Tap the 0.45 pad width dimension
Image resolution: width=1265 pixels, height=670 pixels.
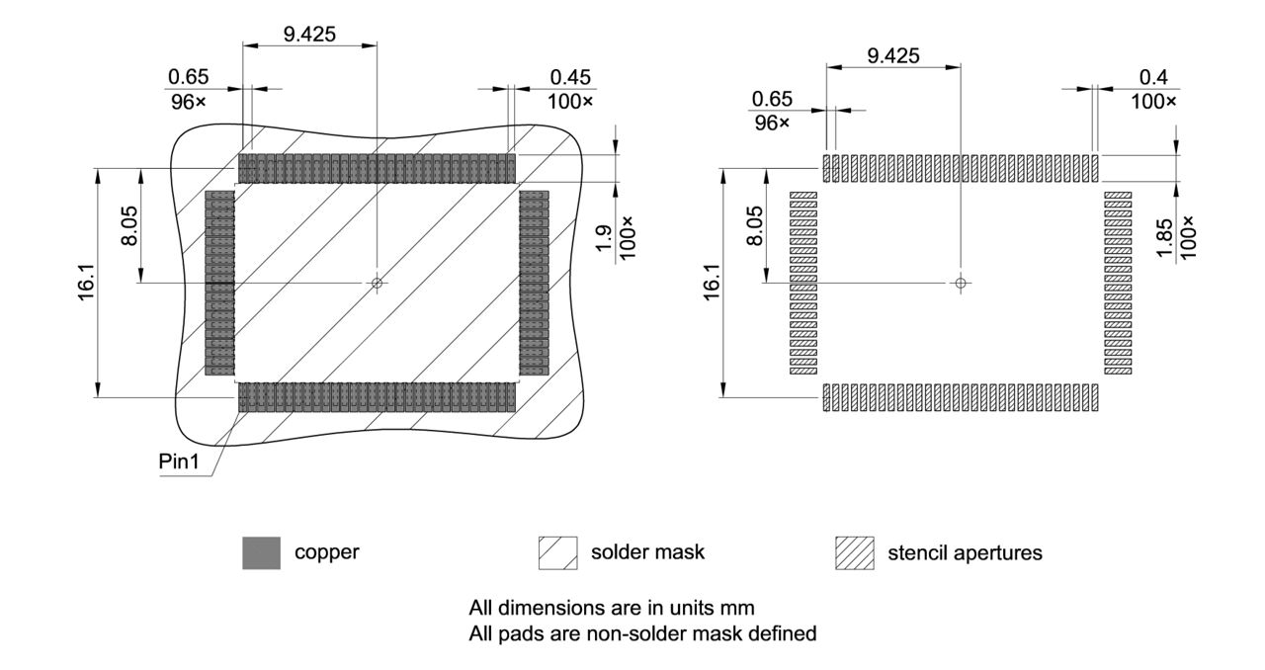(569, 77)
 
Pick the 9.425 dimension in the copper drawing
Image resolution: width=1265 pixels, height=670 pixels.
(309, 33)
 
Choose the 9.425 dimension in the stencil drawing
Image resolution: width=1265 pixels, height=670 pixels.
(892, 56)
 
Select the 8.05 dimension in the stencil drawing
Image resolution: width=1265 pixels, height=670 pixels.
(754, 226)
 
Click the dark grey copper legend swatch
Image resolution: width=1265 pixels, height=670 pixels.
(255, 553)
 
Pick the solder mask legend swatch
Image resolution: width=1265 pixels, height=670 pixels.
(557, 553)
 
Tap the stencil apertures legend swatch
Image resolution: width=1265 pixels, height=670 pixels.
(855, 553)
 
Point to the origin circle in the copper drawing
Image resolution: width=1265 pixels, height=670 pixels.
(377, 283)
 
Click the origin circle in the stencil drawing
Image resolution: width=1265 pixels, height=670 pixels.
(959, 283)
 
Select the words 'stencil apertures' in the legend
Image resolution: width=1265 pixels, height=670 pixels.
(964, 553)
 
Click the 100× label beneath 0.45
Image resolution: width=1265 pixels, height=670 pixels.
(570, 101)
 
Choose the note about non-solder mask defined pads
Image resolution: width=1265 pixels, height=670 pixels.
(642, 633)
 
